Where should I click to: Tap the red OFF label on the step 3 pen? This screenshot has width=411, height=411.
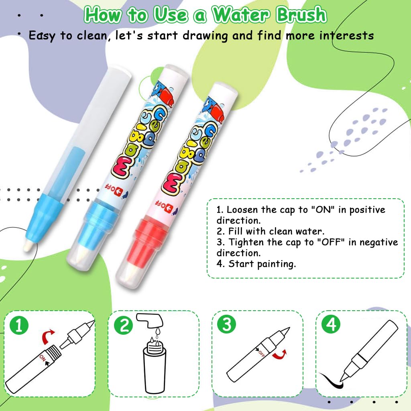click(x=261, y=353)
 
